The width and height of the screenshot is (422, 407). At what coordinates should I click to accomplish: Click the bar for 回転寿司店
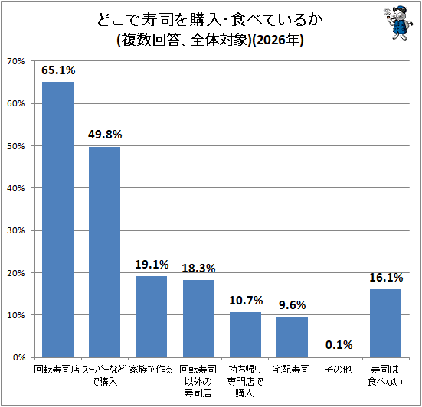(58, 220)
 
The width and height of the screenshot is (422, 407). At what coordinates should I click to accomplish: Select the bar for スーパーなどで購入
(105, 252)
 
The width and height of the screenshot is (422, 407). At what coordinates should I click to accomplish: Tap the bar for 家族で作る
(152, 317)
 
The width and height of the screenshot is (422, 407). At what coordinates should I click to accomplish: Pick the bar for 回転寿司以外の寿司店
(198, 319)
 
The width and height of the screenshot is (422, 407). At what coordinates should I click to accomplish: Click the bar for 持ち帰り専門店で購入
(245, 335)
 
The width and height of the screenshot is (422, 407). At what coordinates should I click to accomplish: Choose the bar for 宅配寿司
(292, 337)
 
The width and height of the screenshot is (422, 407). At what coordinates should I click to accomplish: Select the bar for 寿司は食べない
(386, 324)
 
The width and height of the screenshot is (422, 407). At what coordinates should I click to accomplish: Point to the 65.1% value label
(58, 70)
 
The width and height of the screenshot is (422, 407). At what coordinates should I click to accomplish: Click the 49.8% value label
(105, 135)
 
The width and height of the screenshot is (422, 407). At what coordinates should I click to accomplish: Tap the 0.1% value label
(339, 345)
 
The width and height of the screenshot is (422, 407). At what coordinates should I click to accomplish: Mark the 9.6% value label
(293, 305)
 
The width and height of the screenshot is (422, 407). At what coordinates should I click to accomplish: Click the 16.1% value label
(386, 278)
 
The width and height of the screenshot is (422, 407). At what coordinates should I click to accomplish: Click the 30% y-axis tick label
(15, 230)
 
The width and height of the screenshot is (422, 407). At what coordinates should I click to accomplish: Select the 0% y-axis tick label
(19, 357)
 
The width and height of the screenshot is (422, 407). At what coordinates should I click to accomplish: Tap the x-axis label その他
(339, 370)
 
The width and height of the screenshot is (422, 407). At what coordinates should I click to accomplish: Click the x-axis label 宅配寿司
(292, 370)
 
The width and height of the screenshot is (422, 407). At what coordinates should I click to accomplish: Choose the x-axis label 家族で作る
(151, 370)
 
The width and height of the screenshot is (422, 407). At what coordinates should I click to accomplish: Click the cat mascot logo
(397, 23)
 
